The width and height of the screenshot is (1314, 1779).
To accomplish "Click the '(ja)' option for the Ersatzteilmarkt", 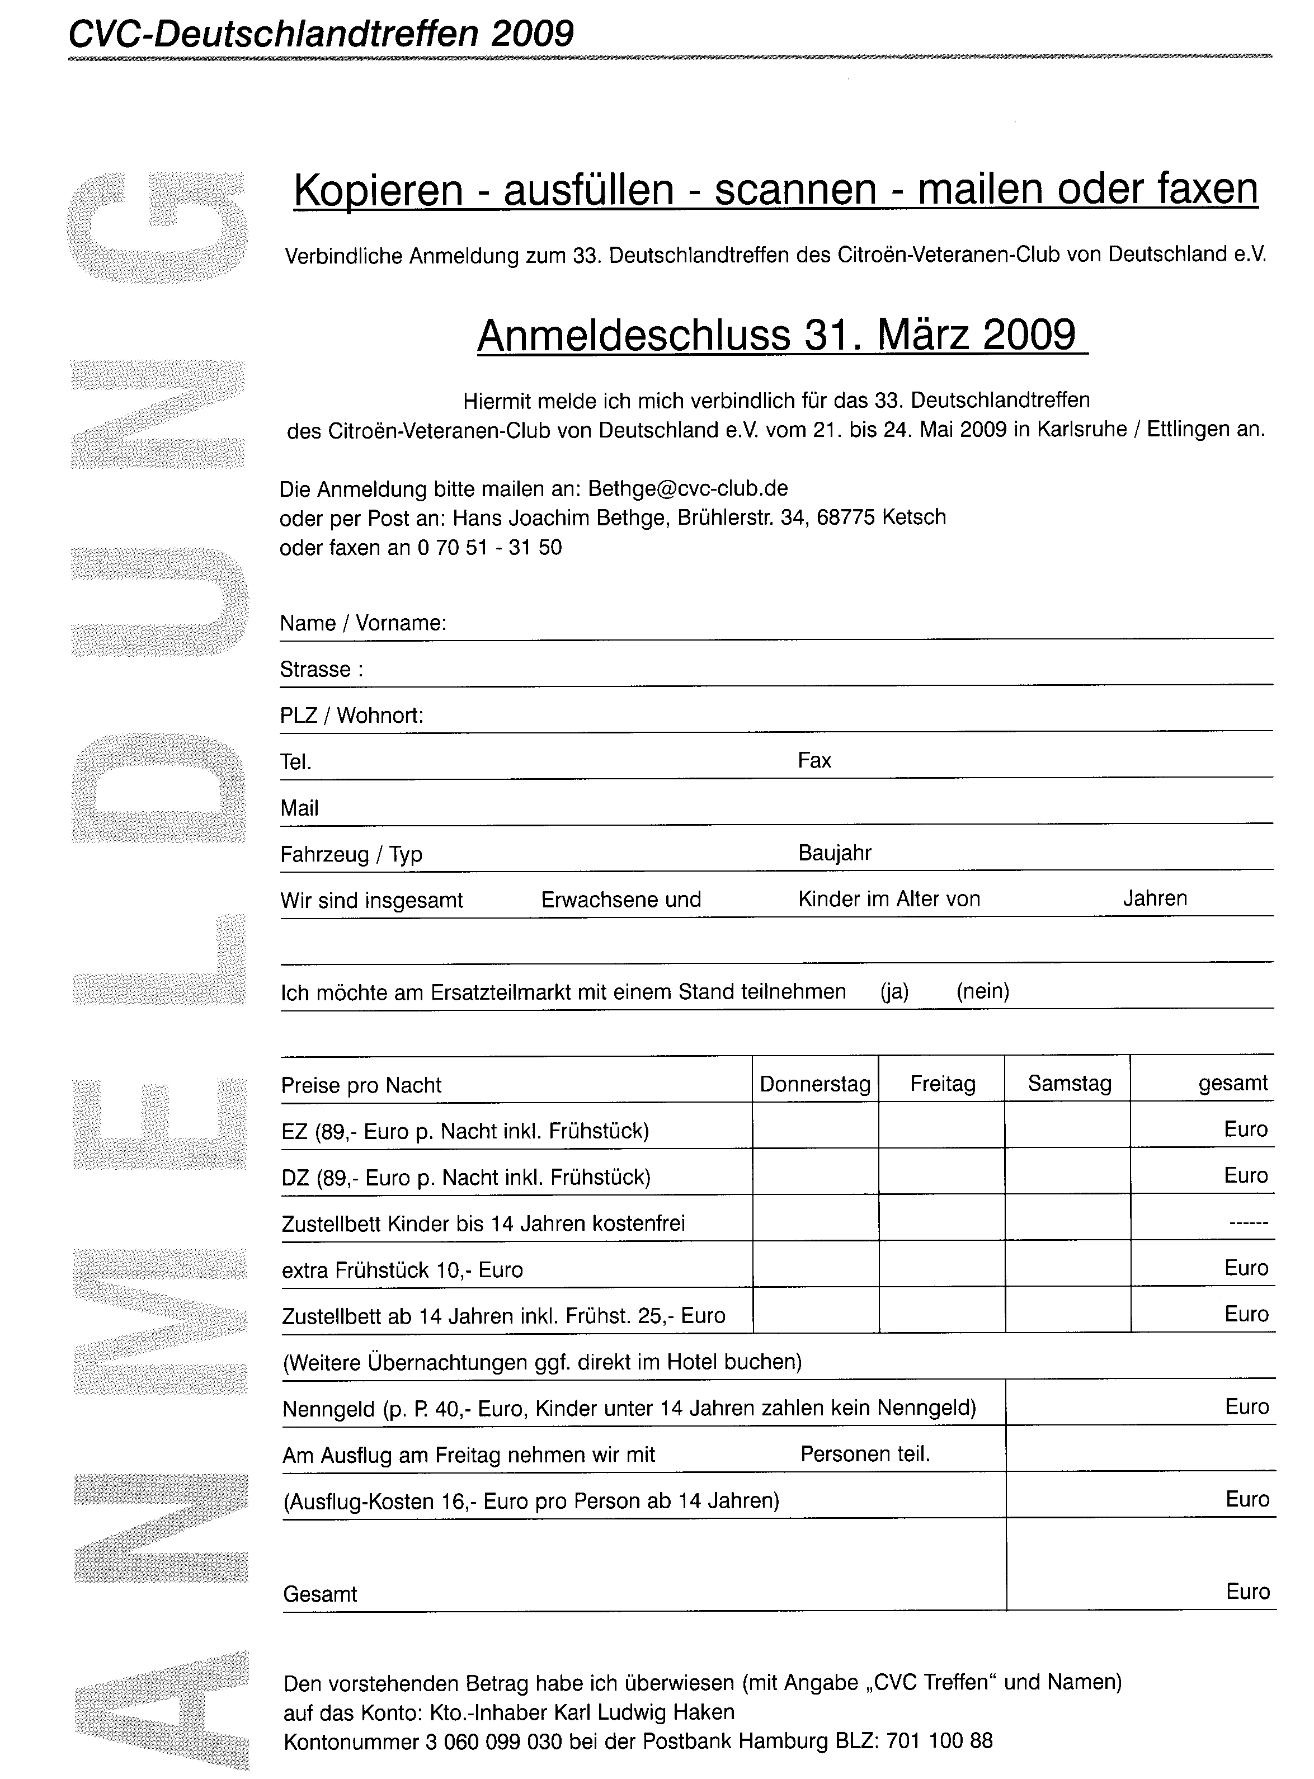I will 894,992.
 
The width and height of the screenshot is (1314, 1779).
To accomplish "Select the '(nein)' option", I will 983,992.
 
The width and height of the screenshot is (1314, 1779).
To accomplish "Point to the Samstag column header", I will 1069,1083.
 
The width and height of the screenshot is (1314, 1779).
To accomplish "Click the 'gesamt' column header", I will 1233,1083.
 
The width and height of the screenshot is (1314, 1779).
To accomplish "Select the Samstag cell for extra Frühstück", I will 1067,1264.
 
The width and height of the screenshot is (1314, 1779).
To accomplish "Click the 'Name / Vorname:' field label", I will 362,623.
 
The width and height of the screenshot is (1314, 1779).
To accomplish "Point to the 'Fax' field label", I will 814,761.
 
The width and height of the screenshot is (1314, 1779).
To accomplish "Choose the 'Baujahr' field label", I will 835,853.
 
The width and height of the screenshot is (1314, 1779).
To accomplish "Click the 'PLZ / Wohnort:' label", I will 351,716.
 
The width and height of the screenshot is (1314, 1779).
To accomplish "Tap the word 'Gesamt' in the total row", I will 321,1594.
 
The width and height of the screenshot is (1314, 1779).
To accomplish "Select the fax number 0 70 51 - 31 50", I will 489,548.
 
